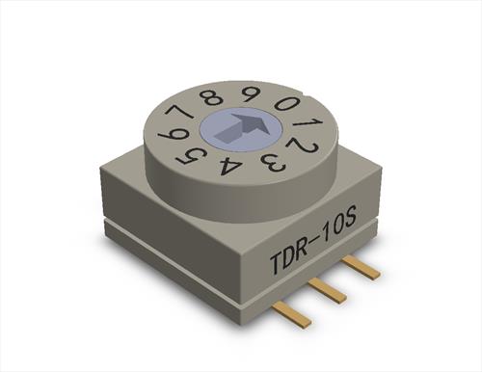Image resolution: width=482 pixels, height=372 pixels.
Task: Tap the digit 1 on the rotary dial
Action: tap(307, 124)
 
